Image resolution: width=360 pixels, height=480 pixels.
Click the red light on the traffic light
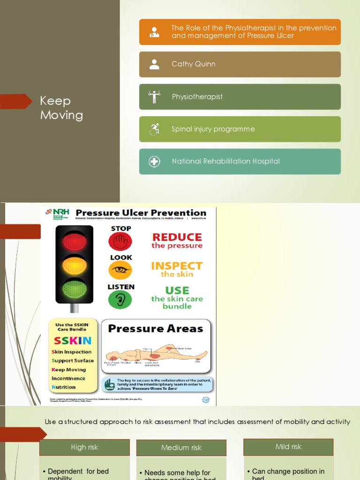(x=75, y=241)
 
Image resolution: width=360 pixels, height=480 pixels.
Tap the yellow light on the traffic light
(x=75, y=265)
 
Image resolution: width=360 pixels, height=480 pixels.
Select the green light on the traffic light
(x=75, y=289)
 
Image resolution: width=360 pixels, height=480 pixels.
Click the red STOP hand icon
(x=120, y=242)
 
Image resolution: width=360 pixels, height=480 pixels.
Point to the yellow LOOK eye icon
(x=120, y=270)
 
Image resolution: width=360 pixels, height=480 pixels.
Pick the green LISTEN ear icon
(x=120, y=300)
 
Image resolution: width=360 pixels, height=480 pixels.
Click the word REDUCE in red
(x=177, y=237)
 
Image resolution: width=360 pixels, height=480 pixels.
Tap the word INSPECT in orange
(x=177, y=266)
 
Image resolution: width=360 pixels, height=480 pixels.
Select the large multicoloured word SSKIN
(x=73, y=341)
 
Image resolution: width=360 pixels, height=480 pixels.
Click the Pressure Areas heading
(x=156, y=329)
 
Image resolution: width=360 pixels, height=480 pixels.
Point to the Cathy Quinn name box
(x=240, y=64)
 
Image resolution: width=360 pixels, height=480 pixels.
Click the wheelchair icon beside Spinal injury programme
(x=154, y=129)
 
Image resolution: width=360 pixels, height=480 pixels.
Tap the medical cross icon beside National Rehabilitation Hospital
(x=154, y=162)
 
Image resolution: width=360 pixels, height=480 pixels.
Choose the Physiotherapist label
(x=197, y=97)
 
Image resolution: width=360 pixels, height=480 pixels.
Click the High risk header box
(x=84, y=447)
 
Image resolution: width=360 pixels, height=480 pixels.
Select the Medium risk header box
(x=181, y=448)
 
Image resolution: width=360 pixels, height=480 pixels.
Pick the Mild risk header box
(x=288, y=447)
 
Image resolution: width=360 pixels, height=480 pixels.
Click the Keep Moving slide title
(x=61, y=108)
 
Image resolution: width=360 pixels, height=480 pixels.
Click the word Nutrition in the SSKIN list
(x=64, y=387)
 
